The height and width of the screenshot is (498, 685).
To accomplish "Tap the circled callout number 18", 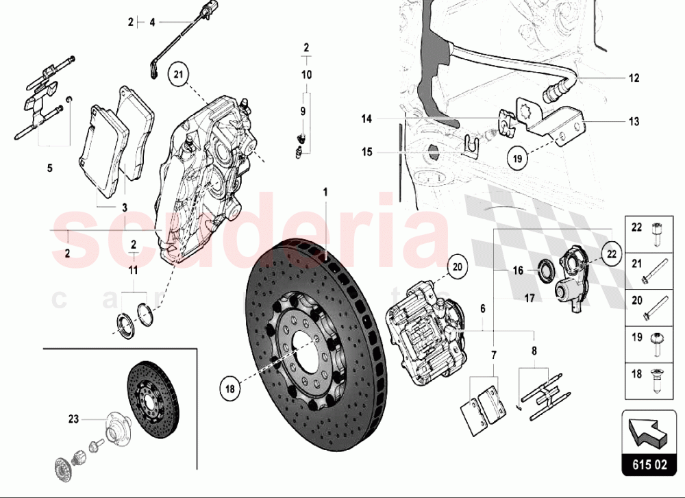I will coord(230,388).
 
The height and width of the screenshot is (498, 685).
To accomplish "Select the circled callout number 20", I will coord(457,267).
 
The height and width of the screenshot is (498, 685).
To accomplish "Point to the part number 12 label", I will coord(634,77).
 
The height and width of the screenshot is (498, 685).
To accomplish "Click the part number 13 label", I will coord(634,122).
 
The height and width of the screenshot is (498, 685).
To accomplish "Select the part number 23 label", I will coord(73,420).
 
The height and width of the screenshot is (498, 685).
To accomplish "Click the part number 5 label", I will coord(49,168).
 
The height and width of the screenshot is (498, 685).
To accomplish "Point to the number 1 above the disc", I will coord(326,192).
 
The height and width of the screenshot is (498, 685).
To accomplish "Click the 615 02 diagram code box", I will coord(647,464).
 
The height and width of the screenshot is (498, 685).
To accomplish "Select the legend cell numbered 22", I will coord(648,233).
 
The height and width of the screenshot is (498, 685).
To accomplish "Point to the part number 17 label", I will coord(530,299).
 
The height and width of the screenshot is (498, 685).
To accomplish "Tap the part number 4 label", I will coord(153,23).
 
